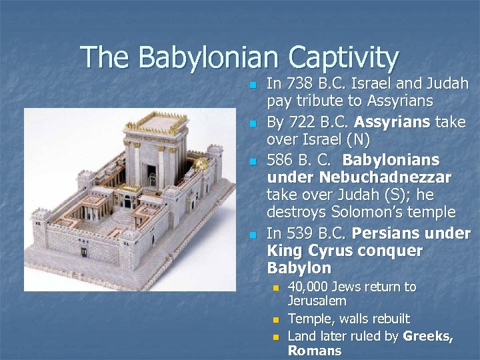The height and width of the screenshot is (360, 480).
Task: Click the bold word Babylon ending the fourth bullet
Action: pyautogui.click(x=299, y=268)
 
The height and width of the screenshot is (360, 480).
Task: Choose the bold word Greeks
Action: pyautogui.click(x=428, y=337)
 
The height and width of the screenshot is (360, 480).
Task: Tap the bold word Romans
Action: pyautogui.click(x=314, y=351)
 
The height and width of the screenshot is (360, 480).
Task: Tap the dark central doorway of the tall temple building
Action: pyautogui.click(x=152, y=179)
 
